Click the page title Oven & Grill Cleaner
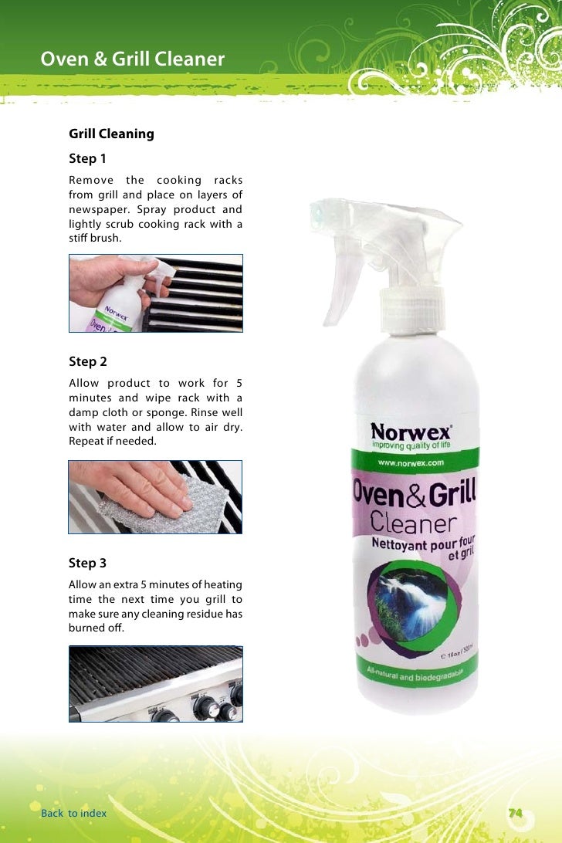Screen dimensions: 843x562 132,59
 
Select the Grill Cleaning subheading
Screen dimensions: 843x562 111,134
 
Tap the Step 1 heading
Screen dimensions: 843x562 88,159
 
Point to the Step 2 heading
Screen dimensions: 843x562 88,361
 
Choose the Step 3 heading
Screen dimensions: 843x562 88,563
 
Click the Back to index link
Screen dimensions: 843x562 74,813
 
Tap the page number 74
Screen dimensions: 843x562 515,812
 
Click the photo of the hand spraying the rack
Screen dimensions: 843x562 156,293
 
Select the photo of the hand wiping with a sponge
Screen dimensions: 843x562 156,497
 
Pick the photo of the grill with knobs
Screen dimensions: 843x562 156,684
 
